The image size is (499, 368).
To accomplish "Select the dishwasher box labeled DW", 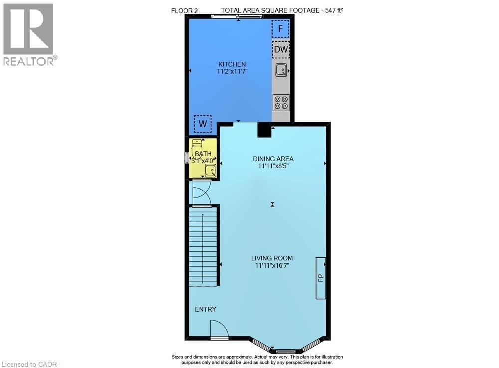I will [281, 50].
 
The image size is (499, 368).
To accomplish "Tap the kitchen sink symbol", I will [281, 70].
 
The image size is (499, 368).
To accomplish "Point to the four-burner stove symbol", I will [281, 102].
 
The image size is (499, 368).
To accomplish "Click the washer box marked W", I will [203, 123].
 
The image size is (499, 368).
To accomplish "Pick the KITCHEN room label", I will [232, 64].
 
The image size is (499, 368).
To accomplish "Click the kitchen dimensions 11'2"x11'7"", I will [232, 72].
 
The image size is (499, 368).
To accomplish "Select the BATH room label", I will [203, 154].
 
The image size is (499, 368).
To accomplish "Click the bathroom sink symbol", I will [210, 171].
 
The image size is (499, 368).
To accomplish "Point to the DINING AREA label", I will [273, 159].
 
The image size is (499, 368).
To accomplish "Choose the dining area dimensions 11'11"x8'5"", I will [273, 167].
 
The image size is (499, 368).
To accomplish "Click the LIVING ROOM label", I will [272, 258].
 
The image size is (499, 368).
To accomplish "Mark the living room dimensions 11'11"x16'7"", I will [272, 266].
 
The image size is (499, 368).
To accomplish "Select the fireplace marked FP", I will [321, 278].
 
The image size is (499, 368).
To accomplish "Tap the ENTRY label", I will [206, 310].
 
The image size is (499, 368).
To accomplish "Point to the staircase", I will [203, 247].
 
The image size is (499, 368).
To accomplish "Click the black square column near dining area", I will [264, 130].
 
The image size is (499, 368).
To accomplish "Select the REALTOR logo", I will [28, 35].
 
